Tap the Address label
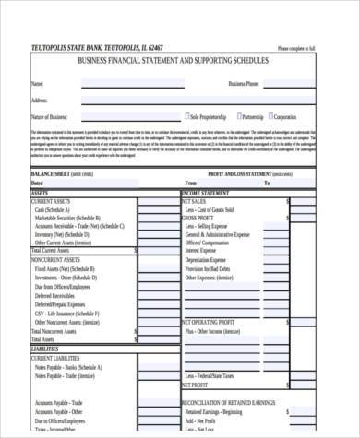pyautogui.click(x=39, y=100)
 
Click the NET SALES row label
pyautogui.click(x=194, y=200)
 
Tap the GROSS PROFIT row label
pyautogui.click(x=199, y=218)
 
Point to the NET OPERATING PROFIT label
pyautogui.click(x=210, y=321)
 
